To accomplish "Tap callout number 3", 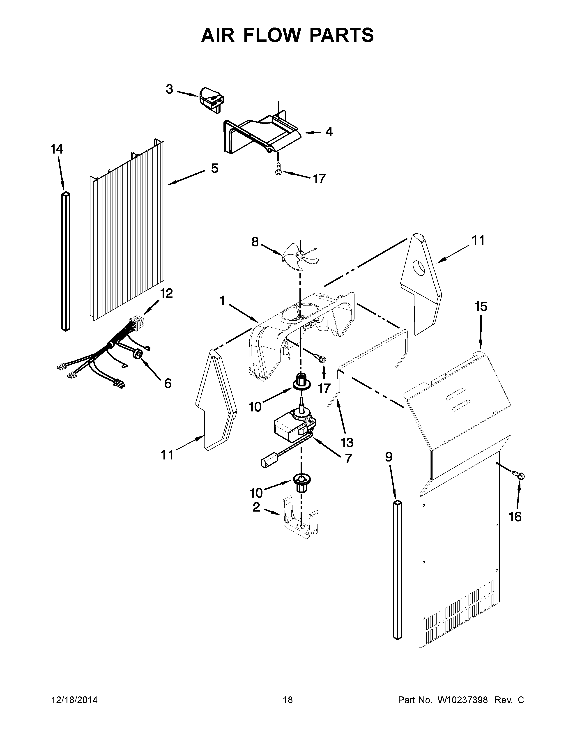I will (x=170, y=90).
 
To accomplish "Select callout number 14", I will (x=57, y=149).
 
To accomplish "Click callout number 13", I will (x=347, y=443).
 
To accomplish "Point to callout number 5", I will (x=214, y=168).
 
